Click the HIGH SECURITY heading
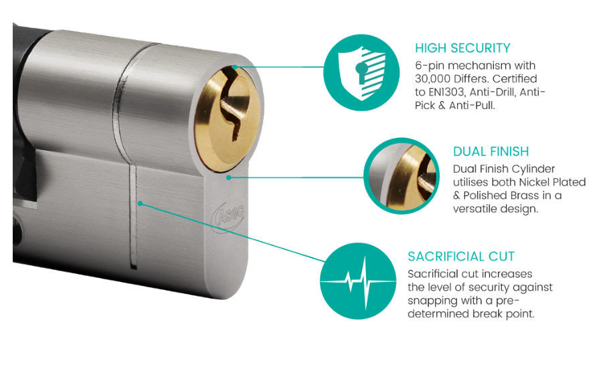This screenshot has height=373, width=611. [x=462, y=48]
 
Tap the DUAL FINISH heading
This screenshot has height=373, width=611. [x=491, y=151]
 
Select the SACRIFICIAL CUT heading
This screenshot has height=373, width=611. [x=461, y=256]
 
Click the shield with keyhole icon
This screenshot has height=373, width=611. [x=361, y=73]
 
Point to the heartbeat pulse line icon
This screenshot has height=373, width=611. [x=358, y=281]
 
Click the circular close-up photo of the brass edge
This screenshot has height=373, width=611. [x=402, y=175]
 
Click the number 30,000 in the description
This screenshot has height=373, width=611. [x=432, y=79]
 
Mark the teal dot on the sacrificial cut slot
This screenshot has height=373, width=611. [x=140, y=204]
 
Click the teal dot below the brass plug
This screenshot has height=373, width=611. [x=229, y=177]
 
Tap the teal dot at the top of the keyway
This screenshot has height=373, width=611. [x=235, y=67]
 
